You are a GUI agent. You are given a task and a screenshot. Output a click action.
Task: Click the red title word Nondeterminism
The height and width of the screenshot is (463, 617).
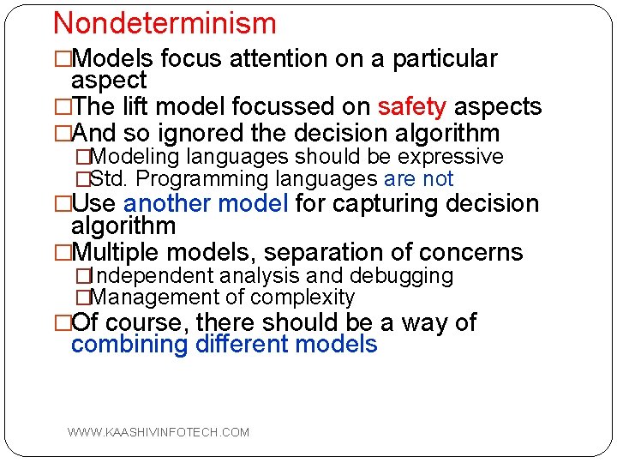pyautogui.click(x=165, y=23)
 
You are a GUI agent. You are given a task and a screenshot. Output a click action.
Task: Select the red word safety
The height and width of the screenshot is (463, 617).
pyautogui.click(x=412, y=107)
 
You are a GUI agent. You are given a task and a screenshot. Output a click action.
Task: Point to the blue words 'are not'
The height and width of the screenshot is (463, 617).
pyautogui.click(x=419, y=179)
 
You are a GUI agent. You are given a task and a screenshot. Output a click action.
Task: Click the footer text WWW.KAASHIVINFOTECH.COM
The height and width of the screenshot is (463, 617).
pyautogui.click(x=159, y=432)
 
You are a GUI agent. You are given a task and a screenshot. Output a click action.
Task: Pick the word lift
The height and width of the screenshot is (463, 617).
pyautogui.click(x=133, y=107)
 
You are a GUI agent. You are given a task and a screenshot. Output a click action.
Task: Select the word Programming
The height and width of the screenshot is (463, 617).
pyautogui.click(x=197, y=179)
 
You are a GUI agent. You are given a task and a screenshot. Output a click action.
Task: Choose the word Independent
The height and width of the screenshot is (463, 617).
pyautogui.click(x=152, y=276)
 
